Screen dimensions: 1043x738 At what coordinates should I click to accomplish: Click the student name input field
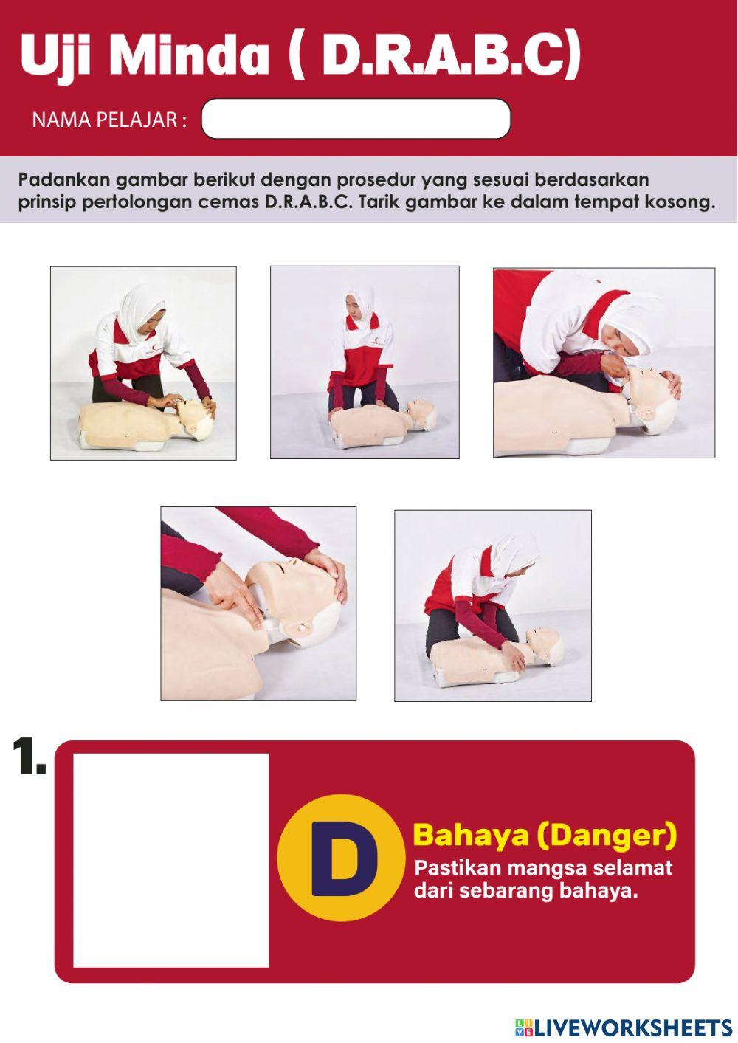pos(356,119)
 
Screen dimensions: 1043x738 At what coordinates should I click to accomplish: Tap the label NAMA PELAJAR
pos(108,120)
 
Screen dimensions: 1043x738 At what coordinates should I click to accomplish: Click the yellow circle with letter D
pos(341,858)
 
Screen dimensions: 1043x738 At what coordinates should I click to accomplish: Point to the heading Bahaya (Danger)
pos(545,835)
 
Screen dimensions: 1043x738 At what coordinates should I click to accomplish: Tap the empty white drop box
pos(170,860)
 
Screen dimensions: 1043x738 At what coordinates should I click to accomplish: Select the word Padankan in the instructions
pos(64,179)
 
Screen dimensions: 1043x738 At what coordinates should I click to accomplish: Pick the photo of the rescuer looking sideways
pos(365,362)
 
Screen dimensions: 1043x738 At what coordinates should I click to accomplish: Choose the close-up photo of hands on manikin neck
pos(258,603)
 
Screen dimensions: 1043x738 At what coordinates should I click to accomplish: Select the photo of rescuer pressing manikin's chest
pos(492,605)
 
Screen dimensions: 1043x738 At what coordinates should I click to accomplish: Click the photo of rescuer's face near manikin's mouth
pos(604,362)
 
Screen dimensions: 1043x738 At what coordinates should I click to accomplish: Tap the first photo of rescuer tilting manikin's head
pos(143,363)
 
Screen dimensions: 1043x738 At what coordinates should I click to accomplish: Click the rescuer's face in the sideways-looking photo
pos(353,308)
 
